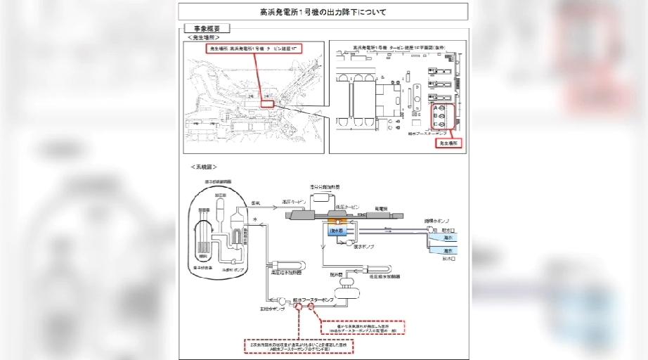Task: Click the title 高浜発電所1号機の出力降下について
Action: click(x=323, y=12)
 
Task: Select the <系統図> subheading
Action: click(x=203, y=167)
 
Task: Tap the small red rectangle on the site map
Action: click(x=268, y=103)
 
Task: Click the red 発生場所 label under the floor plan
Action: click(x=448, y=143)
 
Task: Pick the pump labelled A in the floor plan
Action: click(x=440, y=108)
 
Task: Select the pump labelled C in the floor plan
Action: click(x=440, y=125)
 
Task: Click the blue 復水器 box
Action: click(x=337, y=230)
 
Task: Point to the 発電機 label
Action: click(x=382, y=207)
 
